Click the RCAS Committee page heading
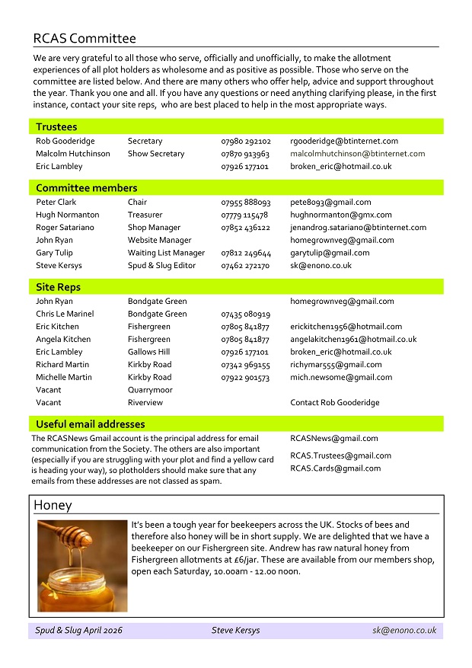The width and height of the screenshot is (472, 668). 85,39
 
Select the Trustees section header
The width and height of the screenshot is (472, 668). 56,127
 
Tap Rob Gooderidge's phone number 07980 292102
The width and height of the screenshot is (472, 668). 246,141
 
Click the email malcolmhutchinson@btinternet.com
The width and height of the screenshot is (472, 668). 358,154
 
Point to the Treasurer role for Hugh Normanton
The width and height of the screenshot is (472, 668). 144,215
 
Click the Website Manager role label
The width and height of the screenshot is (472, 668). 159,240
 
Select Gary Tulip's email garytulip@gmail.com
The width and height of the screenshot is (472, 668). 330,253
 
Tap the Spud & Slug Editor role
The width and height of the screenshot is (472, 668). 161,266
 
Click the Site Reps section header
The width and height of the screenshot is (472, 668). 58,287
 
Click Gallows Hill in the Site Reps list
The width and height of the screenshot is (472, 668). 148,352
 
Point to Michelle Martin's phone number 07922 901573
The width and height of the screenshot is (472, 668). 245,377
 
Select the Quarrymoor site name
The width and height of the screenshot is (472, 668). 150,390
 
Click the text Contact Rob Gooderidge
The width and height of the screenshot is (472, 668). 334,402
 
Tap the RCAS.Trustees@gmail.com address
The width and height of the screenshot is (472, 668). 340,455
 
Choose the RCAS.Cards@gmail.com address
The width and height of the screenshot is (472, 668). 335,468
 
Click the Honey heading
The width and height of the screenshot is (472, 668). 53,505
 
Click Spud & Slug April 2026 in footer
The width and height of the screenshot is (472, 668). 78,631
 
